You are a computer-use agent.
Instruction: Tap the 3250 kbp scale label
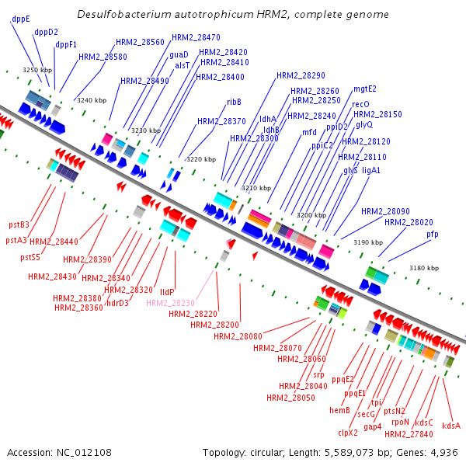[x=37, y=70]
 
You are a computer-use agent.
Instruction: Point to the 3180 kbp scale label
[x=424, y=268]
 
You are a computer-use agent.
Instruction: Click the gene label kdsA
[x=451, y=426]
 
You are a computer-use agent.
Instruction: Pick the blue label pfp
[x=432, y=234]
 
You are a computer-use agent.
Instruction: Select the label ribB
[x=234, y=102]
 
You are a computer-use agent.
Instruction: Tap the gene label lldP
[x=167, y=291]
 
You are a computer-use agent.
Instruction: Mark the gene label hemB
[x=339, y=410]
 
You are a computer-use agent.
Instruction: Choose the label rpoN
[x=400, y=422]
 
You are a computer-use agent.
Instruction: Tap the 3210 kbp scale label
[x=256, y=188]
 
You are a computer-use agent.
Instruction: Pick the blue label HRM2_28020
[x=409, y=222]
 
